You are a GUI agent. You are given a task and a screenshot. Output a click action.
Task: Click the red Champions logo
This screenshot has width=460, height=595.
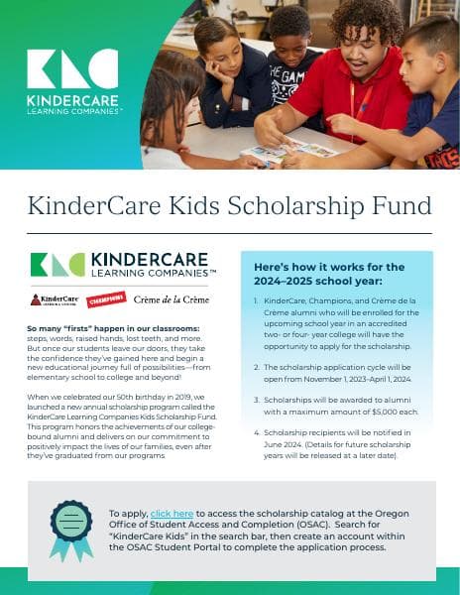coord(105,298)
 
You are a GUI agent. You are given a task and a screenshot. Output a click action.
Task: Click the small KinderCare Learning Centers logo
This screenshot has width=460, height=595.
coord(55,299)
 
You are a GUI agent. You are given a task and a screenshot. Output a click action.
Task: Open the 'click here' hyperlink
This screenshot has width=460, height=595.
coord(172,513)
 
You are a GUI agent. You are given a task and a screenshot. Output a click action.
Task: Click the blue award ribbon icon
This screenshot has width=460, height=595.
coord(71,535)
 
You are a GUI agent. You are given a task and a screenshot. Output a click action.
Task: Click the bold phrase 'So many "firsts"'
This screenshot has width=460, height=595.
coord(68,327)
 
